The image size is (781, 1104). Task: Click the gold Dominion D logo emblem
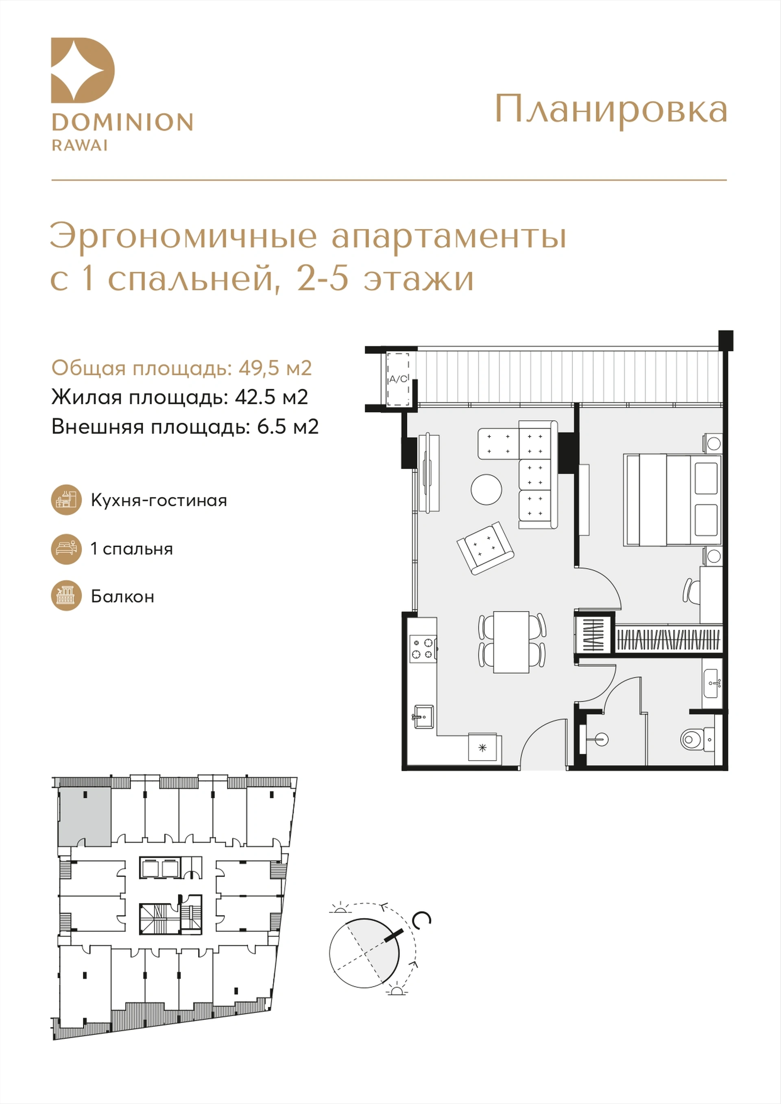click(83, 70)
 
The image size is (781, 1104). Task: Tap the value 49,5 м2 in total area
click(275, 368)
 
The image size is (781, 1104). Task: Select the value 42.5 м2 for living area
click(271, 397)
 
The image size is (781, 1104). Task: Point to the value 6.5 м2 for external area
click(288, 426)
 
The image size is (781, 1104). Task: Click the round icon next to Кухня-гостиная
click(66, 500)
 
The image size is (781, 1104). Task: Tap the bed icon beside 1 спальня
click(66, 549)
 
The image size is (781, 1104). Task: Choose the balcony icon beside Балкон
click(66, 596)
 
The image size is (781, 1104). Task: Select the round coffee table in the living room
click(486, 489)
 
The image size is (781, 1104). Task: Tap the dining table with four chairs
click(512, 642)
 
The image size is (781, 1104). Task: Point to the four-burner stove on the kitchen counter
click(422, 648)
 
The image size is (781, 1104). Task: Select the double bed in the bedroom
click(672, 500)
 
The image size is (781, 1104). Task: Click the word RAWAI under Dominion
click(80, 145)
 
